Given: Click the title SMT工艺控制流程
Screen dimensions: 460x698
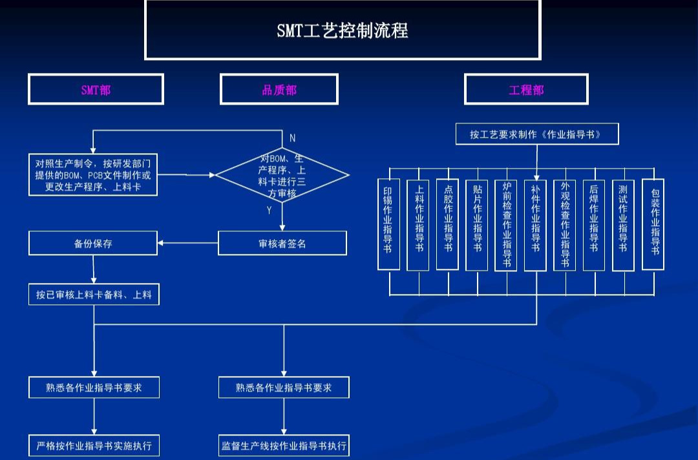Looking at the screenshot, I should pyautogui.click(x=342, y=30).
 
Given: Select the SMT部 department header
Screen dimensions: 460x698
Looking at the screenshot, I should pyautogui.click(x=96, y=89).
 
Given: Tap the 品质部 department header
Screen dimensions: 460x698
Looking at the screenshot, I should pyautogui.click(x=279, y=89).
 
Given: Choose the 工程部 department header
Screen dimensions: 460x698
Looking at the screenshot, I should pyautogui.click(x=526, y=89).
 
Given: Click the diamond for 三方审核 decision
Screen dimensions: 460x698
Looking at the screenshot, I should pyautogui.click(x=282, y=174).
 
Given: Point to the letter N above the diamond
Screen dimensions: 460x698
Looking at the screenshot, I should pyautogui.click(x=292, y=138).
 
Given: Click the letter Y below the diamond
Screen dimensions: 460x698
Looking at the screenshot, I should pyautogui.click(x=270, y=211).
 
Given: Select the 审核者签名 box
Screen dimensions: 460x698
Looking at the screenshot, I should pyautogui.click(x=282, y=243).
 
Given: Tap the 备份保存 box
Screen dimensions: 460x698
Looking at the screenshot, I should pyautogui.click(x=93, y=243).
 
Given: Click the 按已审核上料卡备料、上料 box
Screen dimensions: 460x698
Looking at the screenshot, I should pyautogui.click(x=94, y=295).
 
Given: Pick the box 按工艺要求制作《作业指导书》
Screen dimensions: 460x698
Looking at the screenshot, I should pyautogui.click(x=536, y=134).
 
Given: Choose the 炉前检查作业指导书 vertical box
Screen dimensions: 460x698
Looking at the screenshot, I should pyautogui.click(x=506, y=224).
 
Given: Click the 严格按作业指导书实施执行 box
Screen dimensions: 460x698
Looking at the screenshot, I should pyautogui.click(x=94, y=446).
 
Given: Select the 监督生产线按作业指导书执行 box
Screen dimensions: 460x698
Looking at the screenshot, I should pyautogui.click(x=284, y=446).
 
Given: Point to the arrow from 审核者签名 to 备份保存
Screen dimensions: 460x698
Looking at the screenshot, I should pyautogui.click(x=187, y=243).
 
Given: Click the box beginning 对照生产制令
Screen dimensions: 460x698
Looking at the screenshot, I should pyautogui.click(x=93, y=174).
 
